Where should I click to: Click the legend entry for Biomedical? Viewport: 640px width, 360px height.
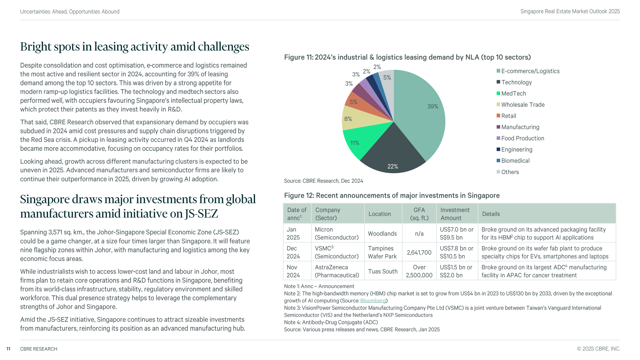tap(515, 161)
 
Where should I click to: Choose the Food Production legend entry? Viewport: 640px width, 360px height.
tap(522, 138)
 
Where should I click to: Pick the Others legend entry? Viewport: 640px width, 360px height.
tap(510, 172)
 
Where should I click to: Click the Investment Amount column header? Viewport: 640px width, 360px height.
tap(455, 214)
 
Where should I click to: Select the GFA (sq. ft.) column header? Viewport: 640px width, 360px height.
tap(419, 214)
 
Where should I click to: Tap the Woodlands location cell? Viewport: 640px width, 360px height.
tap(382, 234)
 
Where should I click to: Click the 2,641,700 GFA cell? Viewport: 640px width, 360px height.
tap(419, 252)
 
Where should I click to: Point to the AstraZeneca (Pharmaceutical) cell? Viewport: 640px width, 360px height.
tap(337, 271)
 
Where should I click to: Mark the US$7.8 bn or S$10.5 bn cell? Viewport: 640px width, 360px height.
tap(456, 252)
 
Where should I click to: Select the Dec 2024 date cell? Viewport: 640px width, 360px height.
tap(293, 252)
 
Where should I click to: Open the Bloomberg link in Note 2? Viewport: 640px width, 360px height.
tap(373, 301)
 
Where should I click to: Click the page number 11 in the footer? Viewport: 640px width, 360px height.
tap(8, 349)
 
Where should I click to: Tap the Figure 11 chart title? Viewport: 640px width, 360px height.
tap(407, 57)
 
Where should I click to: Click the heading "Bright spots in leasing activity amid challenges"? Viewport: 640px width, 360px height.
tap(134, 47)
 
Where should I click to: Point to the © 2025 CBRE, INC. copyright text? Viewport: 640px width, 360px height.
tap(598, 349)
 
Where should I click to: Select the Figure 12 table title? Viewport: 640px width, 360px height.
tap(392, 196)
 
